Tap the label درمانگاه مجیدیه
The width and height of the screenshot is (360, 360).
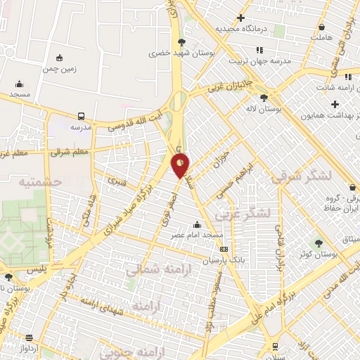point(243,29)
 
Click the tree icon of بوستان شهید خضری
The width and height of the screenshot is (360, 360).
point(182,41)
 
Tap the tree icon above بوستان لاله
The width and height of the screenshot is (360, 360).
point(264,98)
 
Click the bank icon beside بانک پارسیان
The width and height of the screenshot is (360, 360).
point(224,249)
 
